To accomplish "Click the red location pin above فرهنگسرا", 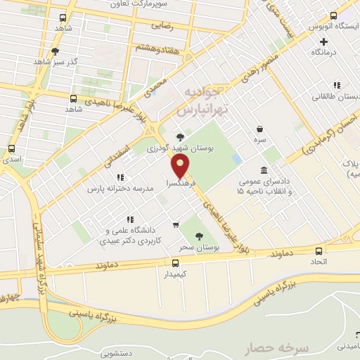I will coord(181,167).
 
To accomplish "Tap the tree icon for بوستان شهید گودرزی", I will coord(181,137).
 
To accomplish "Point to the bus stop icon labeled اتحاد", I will coord(319,251).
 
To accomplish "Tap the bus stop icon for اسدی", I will coord(11,149).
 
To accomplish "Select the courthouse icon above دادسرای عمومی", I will coord(264,170).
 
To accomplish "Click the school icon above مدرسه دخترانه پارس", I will coord(120,177).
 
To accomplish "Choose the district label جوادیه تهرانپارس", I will coord(200,102).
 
